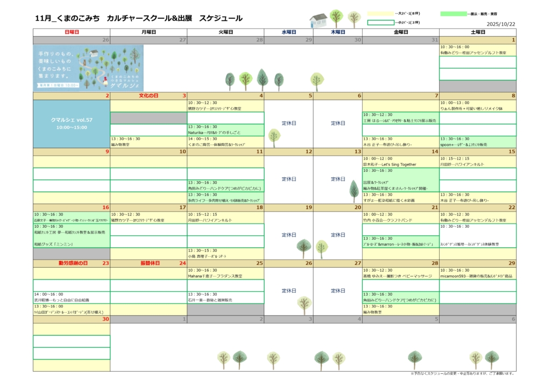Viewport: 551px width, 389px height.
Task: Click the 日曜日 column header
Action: point(72,32)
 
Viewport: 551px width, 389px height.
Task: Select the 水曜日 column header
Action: point(289,32)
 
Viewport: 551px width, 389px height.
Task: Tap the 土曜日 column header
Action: point(478,32)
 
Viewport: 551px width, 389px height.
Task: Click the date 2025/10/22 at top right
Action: point(501,24)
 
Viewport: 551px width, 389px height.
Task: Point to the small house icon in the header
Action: point(319,20)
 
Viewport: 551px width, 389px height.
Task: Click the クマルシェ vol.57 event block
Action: point(72,124)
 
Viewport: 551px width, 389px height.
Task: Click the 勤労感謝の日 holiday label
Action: point(73,263)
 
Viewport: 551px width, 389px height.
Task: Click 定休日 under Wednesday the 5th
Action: point(289,123)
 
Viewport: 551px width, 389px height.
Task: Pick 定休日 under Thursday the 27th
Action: point(338,291)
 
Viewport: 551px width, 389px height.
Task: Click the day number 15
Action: point(512,152)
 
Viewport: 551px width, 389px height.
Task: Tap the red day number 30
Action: point(105,319)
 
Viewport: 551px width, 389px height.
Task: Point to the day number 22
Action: point(512,207)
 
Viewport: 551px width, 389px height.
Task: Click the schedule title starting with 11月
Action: point(138,18)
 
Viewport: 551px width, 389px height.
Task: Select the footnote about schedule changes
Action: point(462,373)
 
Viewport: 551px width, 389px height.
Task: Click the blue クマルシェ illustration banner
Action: point(88,68)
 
